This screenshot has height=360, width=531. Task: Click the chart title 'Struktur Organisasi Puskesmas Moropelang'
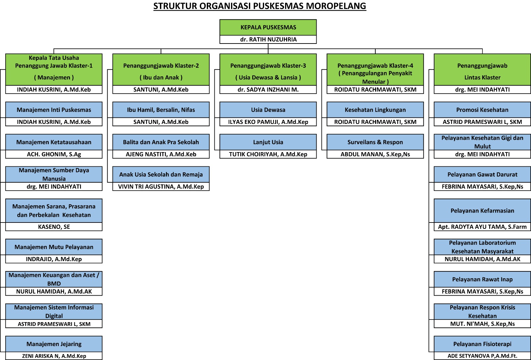260,6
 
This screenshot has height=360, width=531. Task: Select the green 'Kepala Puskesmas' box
268,27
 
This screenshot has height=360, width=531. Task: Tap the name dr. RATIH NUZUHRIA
268,40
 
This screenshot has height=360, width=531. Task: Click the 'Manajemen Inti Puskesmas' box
54,110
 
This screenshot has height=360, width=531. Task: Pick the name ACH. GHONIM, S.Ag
54,154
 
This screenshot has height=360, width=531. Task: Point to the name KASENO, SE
54,227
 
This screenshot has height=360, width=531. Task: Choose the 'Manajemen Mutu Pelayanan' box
54,247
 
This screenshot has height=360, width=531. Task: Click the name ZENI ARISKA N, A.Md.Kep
54,356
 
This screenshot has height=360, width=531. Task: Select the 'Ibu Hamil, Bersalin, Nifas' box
161,110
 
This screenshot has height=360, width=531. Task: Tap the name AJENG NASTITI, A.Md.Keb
161,154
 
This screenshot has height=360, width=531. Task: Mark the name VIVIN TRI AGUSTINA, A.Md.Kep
161,187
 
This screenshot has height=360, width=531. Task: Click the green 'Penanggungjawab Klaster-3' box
268,69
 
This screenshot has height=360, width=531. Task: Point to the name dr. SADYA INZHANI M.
268,90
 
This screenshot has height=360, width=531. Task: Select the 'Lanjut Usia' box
268,142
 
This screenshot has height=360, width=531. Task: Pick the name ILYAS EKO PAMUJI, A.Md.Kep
268,122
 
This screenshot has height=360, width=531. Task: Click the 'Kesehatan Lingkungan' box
375,110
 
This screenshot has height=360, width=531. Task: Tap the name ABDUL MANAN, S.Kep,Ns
375,154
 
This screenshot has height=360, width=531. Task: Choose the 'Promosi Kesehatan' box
482,110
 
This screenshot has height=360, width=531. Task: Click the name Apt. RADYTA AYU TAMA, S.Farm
482,227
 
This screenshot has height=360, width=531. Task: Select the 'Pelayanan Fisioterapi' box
482,344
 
